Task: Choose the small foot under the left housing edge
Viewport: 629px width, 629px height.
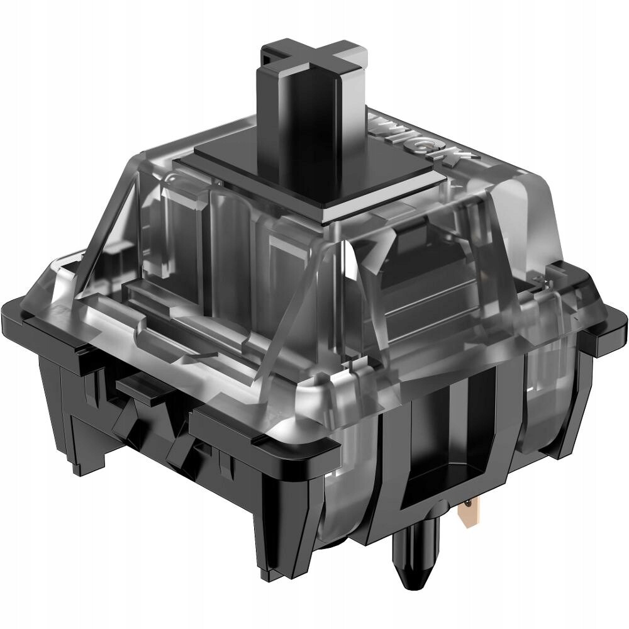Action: tap(82, 453)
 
